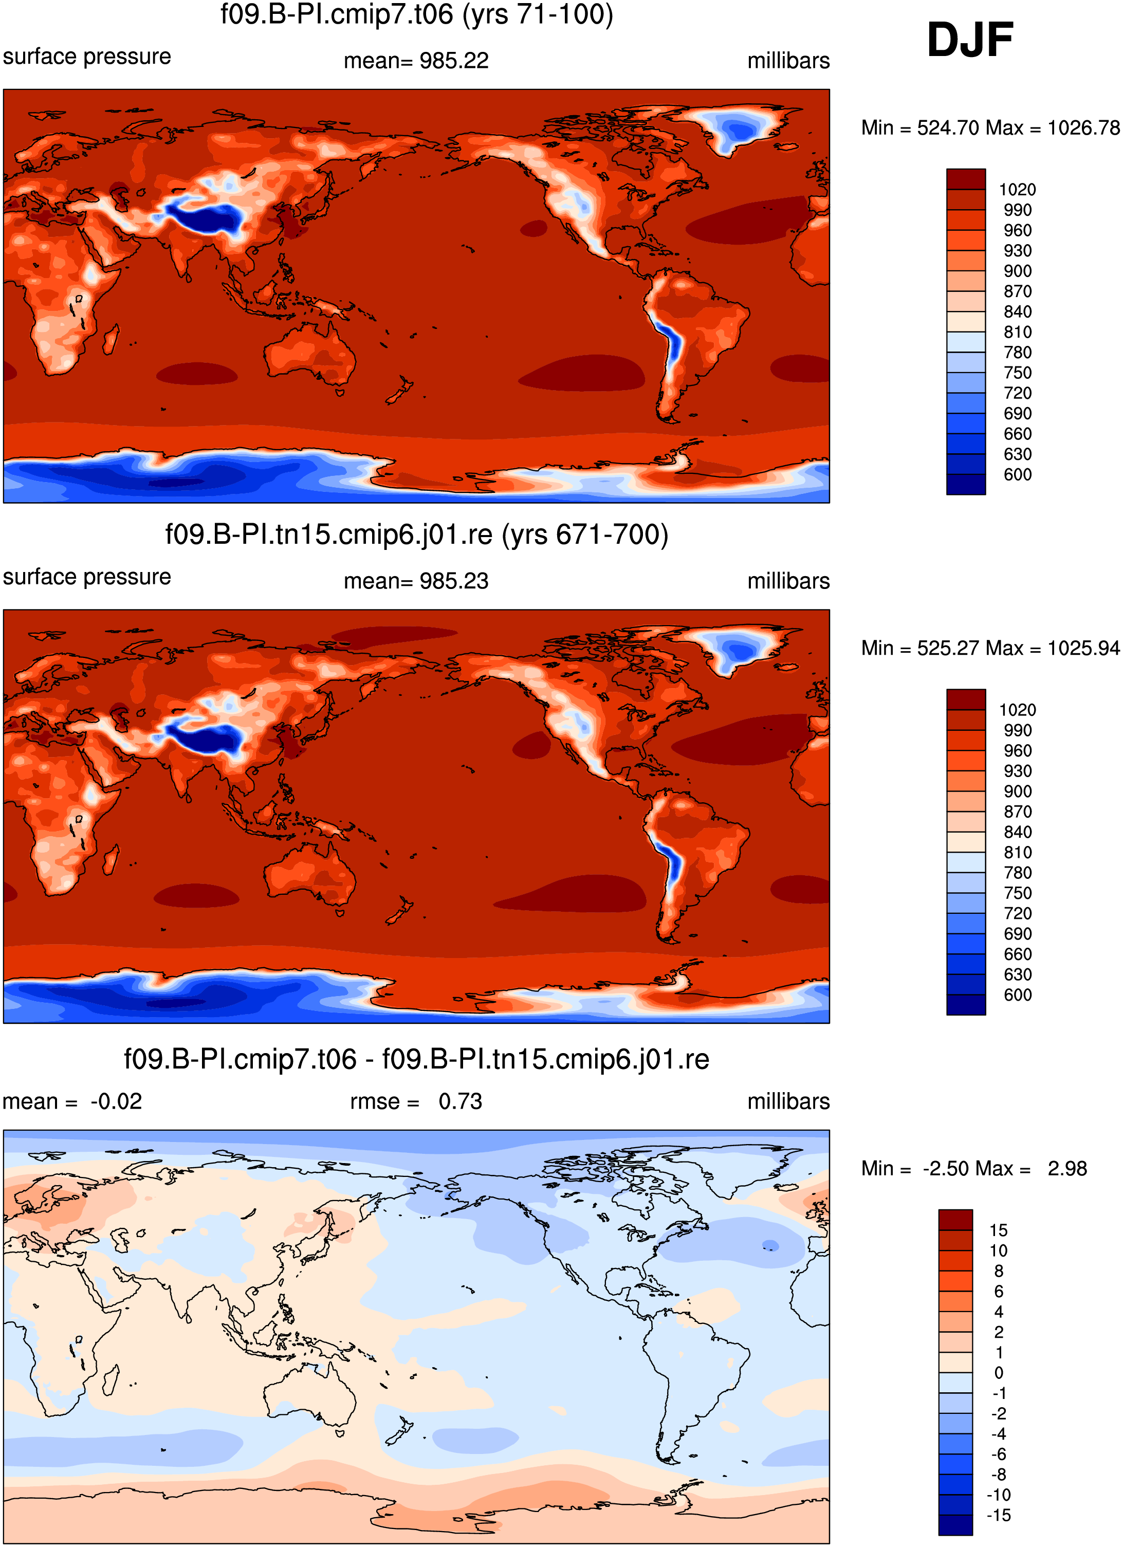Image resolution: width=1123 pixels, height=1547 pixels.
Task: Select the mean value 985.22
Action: coord(454,61)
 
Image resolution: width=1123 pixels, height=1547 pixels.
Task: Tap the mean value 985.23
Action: coord(454,581)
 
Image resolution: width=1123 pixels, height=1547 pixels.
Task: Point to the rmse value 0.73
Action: coord(461,1101)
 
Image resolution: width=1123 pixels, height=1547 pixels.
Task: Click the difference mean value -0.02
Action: coord(116,1101)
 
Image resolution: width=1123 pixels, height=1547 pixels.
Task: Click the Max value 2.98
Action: coord(1067,1168)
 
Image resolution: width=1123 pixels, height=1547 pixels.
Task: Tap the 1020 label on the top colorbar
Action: coord(1017,190)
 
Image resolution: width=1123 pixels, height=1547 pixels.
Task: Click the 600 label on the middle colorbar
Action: coord(1017,995)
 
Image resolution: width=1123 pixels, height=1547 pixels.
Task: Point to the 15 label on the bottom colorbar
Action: coord(998,1230)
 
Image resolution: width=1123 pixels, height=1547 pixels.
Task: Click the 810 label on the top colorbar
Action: coord(1017,332)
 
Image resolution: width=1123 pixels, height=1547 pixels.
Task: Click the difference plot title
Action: coord(416,1059)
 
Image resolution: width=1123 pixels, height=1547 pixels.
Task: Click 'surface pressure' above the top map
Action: coord(87,57)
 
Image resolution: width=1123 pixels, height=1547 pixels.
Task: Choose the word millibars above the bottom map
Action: coord(789,1101)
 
